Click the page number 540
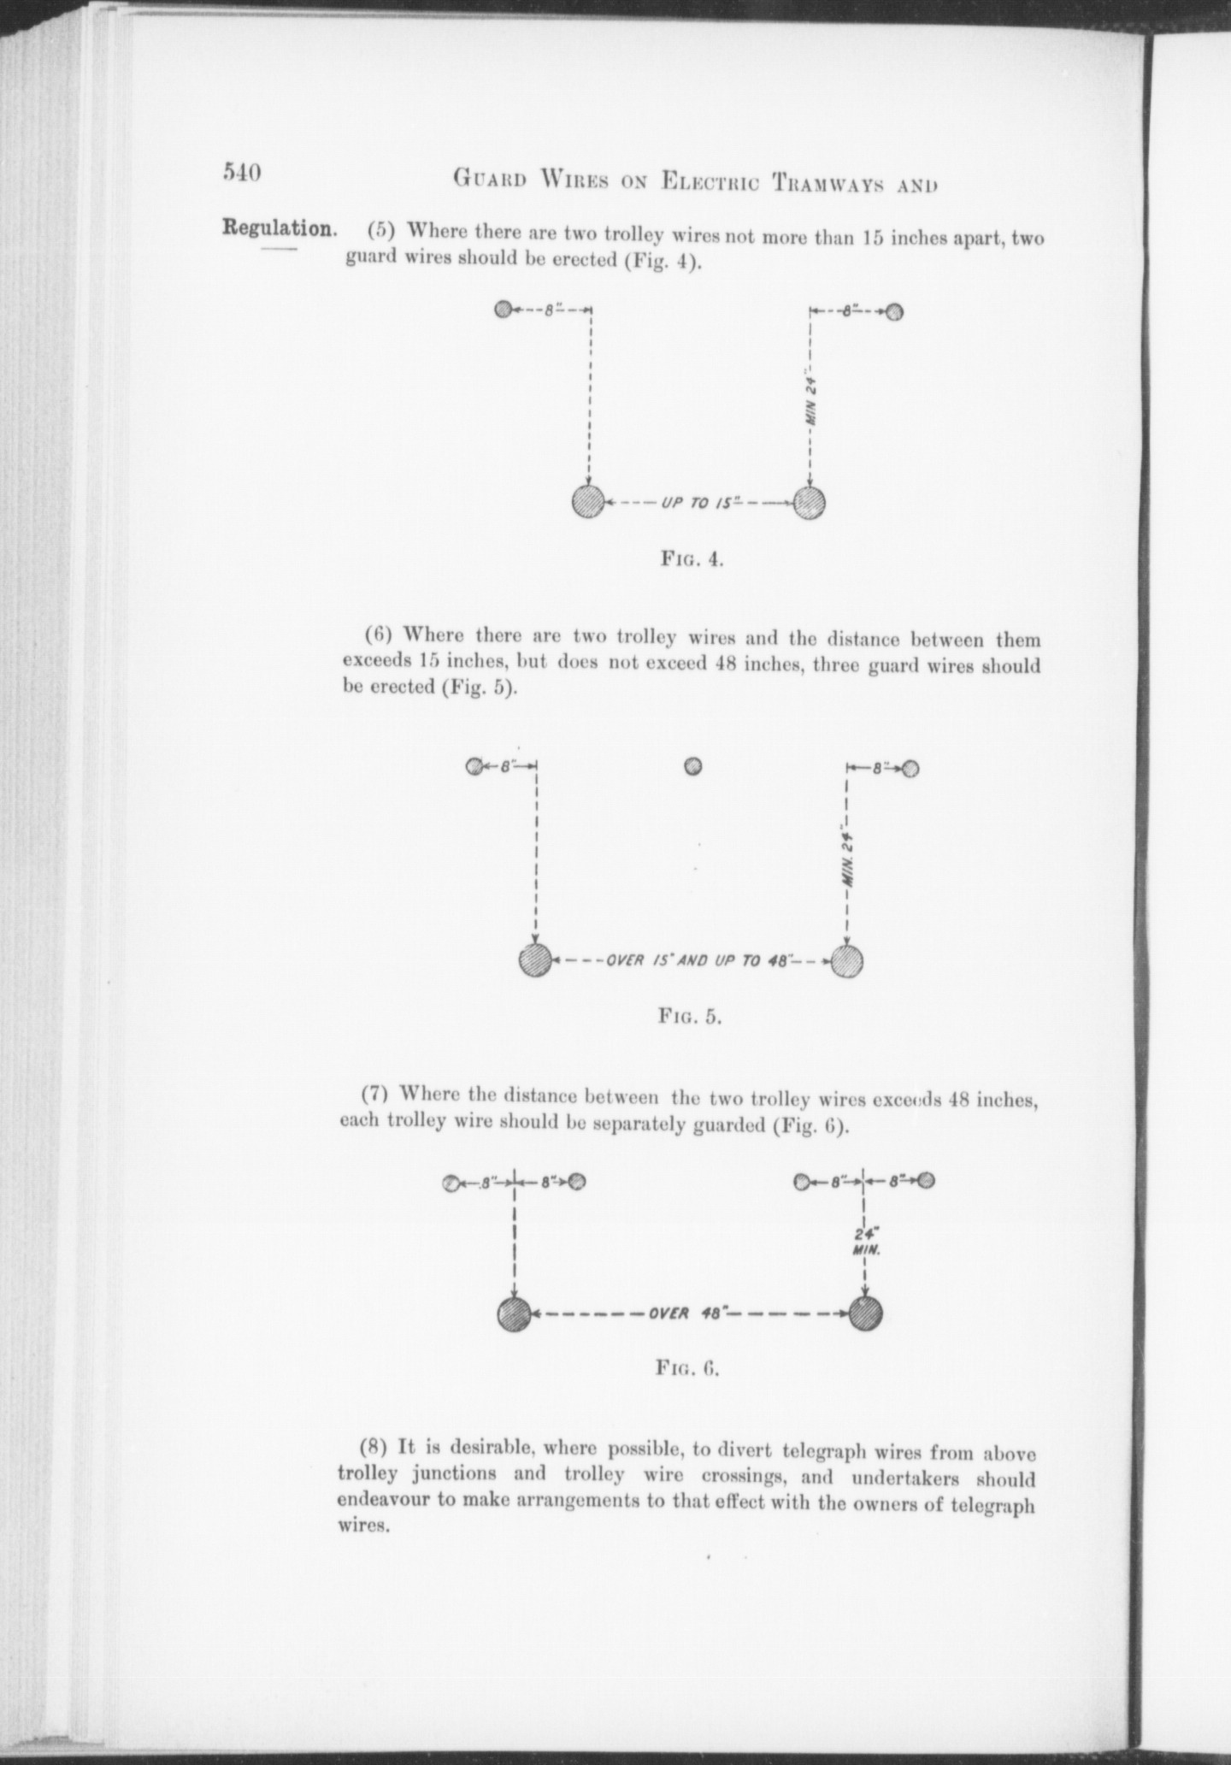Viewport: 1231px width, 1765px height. point(242,172)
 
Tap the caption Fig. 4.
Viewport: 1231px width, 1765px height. point(692,561)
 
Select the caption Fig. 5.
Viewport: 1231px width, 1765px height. point(690,1017)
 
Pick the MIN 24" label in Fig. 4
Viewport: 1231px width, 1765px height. point(811,401)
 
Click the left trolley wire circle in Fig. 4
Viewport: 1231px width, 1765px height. point(588,501)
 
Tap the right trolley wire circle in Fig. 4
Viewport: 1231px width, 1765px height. point(810,502)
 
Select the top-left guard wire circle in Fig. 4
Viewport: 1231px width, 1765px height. point(504,309)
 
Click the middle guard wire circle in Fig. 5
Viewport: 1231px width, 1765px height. point(693,766)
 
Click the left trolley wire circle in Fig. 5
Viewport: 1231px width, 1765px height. point(535,960)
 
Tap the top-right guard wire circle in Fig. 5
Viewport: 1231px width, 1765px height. point(910,769)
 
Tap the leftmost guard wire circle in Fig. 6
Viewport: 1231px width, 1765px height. point(451,1184)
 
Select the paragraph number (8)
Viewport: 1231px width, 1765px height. point(374,1447)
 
